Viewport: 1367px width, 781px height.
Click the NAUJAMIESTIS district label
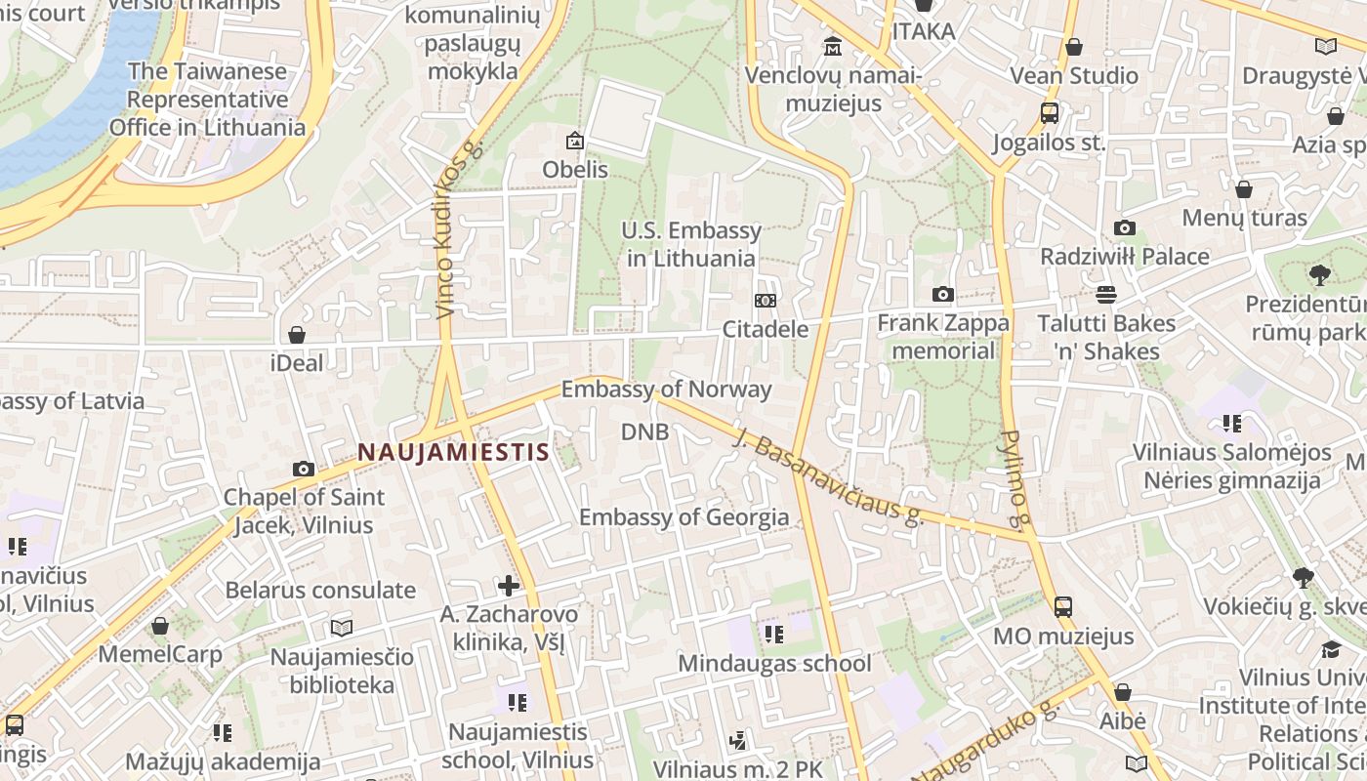(x=453, y=452)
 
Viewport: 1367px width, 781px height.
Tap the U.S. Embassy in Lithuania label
(x=691, y=244)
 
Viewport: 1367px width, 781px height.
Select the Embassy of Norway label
(x=666, y=390)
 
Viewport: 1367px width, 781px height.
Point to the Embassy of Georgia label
(x=683, y=516)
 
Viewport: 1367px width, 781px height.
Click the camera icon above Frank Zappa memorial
(x=942, y=294)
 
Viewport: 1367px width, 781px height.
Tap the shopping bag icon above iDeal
(x=297, y=335)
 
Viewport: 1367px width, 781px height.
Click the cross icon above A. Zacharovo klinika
(x=508, y=586)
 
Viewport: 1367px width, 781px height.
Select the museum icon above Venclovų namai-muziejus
(x=833, y=46)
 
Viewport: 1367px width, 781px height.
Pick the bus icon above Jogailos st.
(x=1050, y=113)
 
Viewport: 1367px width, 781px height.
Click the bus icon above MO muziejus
(x=1063, y=607)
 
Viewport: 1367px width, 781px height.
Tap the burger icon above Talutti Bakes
(x=1106, y=294)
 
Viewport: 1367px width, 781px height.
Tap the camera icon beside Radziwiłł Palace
(x=1125, y=227)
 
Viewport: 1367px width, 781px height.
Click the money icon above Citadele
(x=766, y=301)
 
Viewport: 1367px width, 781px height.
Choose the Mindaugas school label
(x=774, y=664)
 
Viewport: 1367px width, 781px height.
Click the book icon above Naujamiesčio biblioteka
(x=341, y=628)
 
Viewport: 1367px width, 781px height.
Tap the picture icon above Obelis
(x=575, y=141)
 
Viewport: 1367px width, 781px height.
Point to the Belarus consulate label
(x=320, y=590)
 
